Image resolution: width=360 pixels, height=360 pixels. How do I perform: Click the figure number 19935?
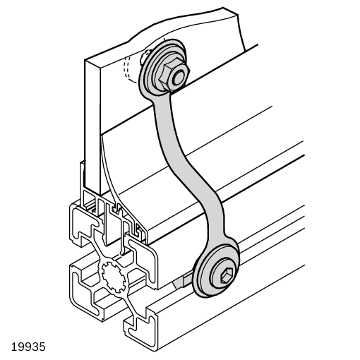pyautogui.click(x=28, y=347)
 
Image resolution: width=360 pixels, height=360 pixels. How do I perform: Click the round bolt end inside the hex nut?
pyautogui.click(x=178, y=78)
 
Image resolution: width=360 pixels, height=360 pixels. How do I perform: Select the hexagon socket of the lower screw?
pyautogui.click(x=227, y=275)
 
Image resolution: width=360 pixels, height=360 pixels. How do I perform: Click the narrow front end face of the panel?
pyautogui.click(x=92, y=127)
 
